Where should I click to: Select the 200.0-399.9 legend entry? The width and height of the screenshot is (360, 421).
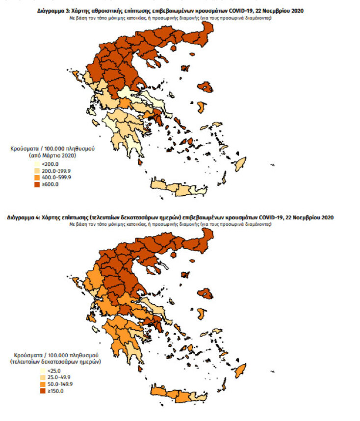(54, 171)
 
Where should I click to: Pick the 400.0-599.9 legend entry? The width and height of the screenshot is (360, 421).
(54, 178)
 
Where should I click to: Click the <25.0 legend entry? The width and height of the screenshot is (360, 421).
(49, 370)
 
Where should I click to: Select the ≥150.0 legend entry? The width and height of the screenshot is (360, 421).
(50, 391)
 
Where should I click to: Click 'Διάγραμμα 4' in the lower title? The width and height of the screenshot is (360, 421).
(23, 217)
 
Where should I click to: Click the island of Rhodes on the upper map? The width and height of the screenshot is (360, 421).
(240, 163)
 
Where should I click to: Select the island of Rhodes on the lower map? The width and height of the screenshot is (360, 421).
(240, 369)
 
